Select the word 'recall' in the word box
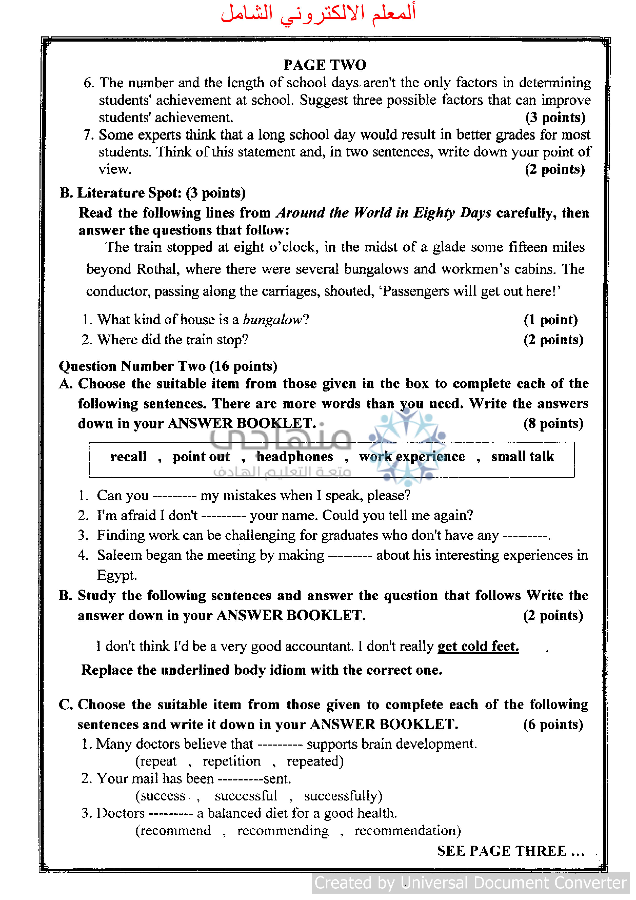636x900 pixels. [128, 457]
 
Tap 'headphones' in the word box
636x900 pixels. [294, 457]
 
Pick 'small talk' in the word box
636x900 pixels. [522, 457]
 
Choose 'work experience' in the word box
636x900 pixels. [412, 457]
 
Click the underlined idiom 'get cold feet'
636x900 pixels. [478, 646]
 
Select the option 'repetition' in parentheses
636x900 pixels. [231, 761]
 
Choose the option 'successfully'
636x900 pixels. [343, 796]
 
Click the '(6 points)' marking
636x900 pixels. [553, 725]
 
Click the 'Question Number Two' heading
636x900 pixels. [168, 366]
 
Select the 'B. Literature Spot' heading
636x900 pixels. [152, 193]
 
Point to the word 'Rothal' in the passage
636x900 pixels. [157, 269]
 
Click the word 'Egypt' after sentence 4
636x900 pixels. [117, 575]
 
